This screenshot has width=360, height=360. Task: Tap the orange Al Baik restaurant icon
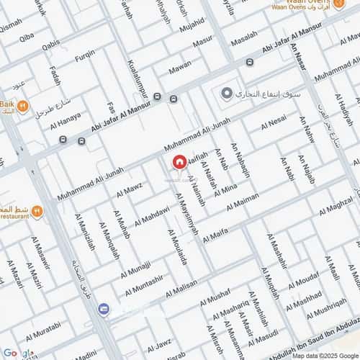click(x=23, y=108)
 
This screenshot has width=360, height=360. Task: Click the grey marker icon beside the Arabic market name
click(x=227, y=94)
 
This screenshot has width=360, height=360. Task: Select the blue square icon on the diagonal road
click(x=104, y=309)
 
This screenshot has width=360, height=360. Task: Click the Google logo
click(x=17, y=352)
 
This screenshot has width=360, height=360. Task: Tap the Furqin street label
click(x=85, y=54)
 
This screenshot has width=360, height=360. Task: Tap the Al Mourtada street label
click(x=178, y=247)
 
